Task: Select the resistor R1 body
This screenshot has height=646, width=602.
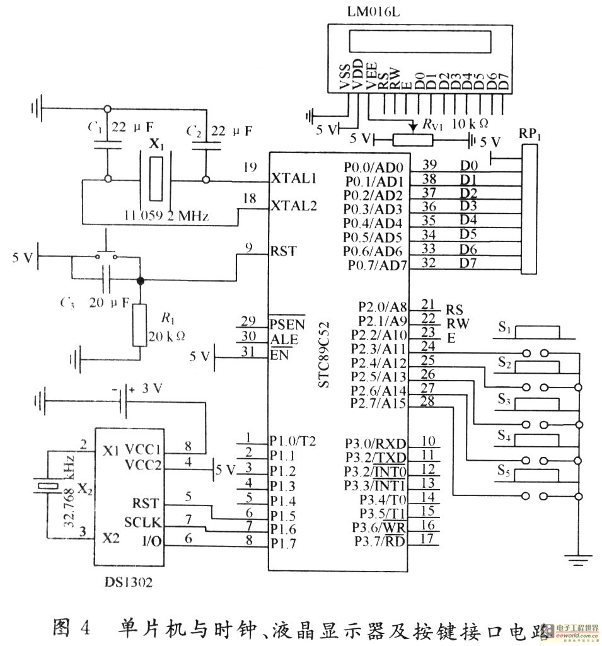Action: [x=140, y=325]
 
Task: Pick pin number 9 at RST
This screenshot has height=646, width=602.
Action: [x=250, y=248]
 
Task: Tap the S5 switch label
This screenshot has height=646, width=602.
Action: [x=503, y=470]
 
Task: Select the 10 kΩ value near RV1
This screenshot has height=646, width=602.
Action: [x=469, y=121]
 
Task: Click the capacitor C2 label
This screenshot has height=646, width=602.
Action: [x=194, y=132]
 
